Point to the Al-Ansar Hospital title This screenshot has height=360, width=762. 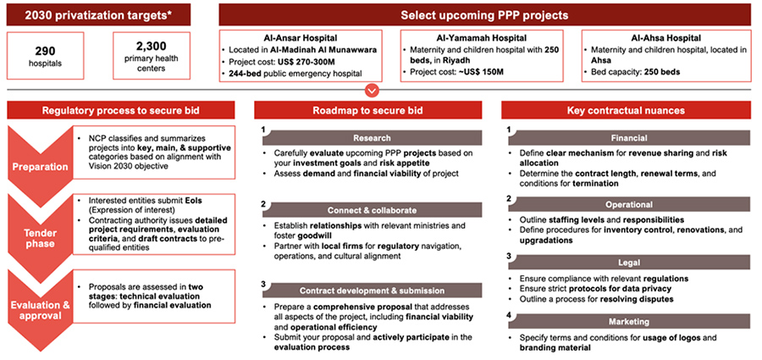click(x=300, y=38)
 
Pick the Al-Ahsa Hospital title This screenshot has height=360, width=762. click(x=662, y=38)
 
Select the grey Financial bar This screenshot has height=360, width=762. click(x=628, y=137)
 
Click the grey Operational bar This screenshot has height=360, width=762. click(x=628, y=204)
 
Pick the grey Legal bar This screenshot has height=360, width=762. click(x=628, y=263)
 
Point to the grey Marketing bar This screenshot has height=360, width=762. click(x=628, y=322)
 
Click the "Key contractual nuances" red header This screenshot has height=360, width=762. click(x=628, y=111)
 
